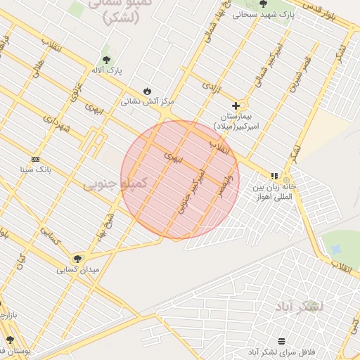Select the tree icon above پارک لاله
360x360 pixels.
106,60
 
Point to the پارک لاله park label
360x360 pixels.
106,71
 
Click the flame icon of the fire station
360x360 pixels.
147,91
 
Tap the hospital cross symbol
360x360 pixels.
235,105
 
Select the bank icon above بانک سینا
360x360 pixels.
35,159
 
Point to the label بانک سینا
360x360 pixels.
36,169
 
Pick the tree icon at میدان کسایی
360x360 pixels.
77,259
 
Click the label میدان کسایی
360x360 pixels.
78,269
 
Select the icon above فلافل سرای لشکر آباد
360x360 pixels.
282,340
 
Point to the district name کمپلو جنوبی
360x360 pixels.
116,183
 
